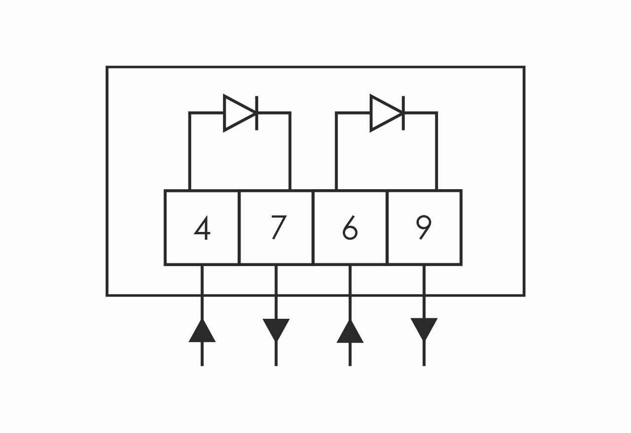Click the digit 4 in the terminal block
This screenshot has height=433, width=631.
click(x=203, y=228)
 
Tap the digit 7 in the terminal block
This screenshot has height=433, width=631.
click(x=279, y=228)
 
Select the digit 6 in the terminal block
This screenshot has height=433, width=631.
click(x=350, y=228)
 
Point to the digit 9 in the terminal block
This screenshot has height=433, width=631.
click(x=423, y=228)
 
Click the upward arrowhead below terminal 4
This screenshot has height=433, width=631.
click(x=202, y=331)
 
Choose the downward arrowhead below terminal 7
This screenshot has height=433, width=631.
click(x=276, y=330)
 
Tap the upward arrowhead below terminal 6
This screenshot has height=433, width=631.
click(x=350, y=332)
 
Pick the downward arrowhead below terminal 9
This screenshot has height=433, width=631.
click(x=424, y=329)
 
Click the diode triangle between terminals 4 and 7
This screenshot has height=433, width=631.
click(x=240, y=113)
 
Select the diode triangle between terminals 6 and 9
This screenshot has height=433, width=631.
click(x=386, y=113)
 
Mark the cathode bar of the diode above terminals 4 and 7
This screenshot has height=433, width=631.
click(x=257, y=113)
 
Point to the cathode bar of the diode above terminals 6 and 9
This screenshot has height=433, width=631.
click(x=403, y=113)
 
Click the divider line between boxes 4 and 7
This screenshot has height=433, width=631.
click(x=239, y=228)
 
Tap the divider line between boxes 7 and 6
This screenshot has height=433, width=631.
click(x=313, y=228)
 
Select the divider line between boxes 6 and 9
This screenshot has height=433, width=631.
click(x=387, y=228)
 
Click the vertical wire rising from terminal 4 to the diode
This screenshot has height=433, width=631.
click(x=190, y=151)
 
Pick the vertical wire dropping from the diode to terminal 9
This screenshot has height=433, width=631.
click(x=437, y=151)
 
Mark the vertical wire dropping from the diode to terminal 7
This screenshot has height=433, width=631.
click(x=290, y=151)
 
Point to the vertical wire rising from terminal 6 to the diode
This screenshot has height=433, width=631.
click(x=336, y=151)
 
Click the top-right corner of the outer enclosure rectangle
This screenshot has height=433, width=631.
click(x=525, y=67)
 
